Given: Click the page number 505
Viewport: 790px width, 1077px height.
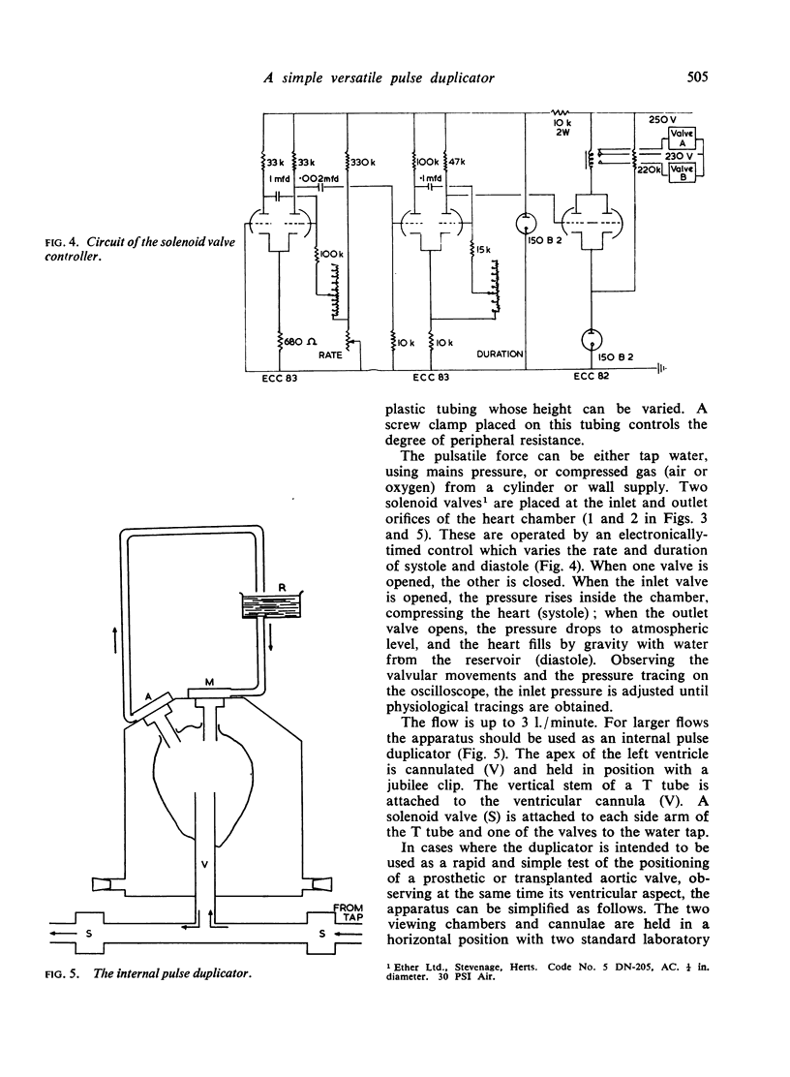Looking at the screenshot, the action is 697,77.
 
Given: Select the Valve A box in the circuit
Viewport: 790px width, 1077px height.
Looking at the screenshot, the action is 683,138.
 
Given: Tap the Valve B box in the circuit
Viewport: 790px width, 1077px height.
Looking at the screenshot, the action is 683,172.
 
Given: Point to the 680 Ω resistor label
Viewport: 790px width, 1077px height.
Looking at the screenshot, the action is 300,341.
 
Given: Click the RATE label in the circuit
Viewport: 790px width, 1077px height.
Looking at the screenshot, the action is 330,355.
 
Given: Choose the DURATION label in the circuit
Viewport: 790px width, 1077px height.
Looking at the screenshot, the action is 500,354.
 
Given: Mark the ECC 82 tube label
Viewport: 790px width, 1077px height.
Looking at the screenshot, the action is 591,376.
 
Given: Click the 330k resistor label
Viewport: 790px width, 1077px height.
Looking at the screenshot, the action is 362,163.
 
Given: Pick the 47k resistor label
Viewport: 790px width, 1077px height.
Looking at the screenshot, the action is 457,162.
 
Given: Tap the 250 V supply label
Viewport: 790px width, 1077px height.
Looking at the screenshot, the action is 662,119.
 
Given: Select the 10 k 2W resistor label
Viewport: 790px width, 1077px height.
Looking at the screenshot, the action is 563,127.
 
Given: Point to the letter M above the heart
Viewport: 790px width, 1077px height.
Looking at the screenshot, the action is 211,682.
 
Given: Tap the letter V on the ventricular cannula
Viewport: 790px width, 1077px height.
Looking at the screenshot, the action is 204,864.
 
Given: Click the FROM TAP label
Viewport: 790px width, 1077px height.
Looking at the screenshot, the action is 350,912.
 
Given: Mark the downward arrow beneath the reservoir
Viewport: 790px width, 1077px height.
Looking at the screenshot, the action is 272,639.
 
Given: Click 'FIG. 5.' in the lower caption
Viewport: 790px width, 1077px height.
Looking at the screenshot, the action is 63,973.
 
